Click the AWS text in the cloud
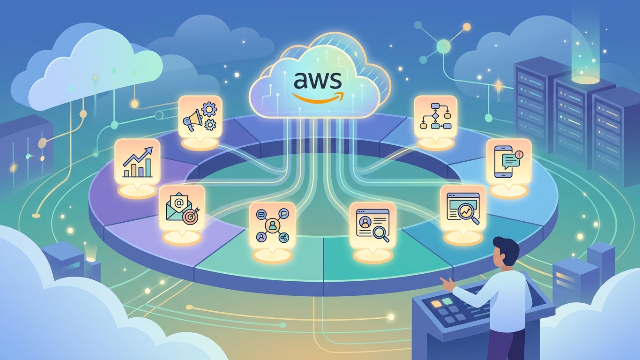[318, 80]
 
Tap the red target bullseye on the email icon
[190, 217]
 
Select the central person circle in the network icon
[273, 226]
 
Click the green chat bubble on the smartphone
[510, 162]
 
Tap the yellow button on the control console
[436, 304]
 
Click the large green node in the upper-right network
[443, 46]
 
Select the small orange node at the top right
[467, 27]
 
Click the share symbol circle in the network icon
[284, 238]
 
